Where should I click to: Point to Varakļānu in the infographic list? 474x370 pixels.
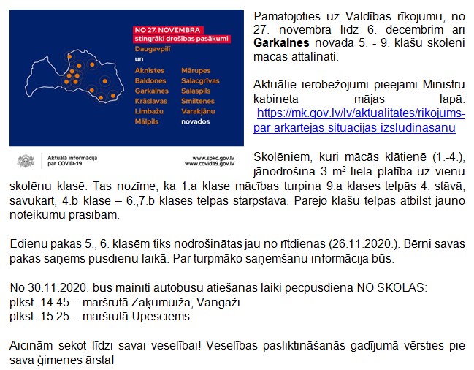(x=199, y=111)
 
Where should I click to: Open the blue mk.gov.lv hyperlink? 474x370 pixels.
(x=362, y=121)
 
